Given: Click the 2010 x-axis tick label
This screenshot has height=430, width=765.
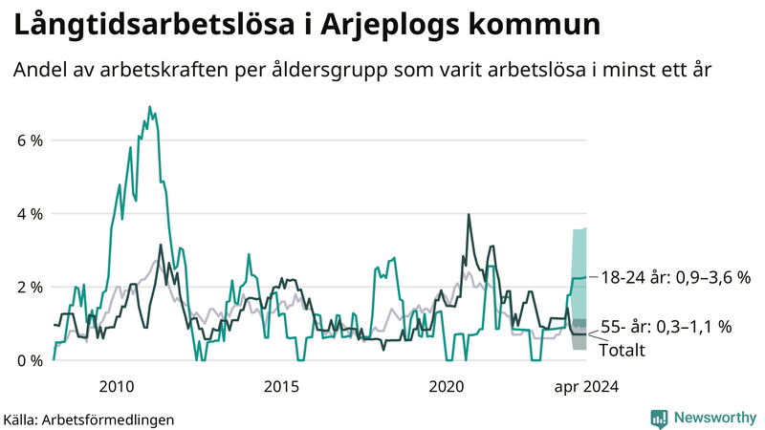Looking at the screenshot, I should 116,387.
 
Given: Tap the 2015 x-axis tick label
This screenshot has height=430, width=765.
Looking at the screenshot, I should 281,387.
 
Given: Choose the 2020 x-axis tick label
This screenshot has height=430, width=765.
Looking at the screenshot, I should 446,387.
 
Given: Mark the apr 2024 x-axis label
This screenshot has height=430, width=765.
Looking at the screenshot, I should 585,387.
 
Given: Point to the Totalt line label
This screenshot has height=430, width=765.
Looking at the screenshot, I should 622,351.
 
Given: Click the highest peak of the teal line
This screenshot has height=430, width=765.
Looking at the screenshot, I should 150,107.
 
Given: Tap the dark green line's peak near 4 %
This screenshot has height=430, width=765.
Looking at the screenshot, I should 469,215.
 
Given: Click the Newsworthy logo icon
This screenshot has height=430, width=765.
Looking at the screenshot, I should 659,418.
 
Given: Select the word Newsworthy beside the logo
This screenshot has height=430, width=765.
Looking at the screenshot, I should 713,418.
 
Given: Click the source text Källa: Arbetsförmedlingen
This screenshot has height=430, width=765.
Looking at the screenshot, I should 89,419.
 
